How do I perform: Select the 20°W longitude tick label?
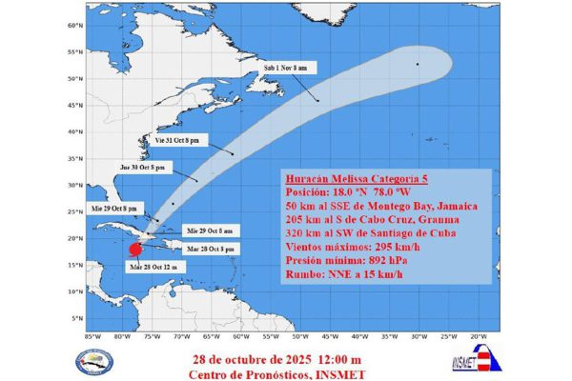click(x=479, y=335)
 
